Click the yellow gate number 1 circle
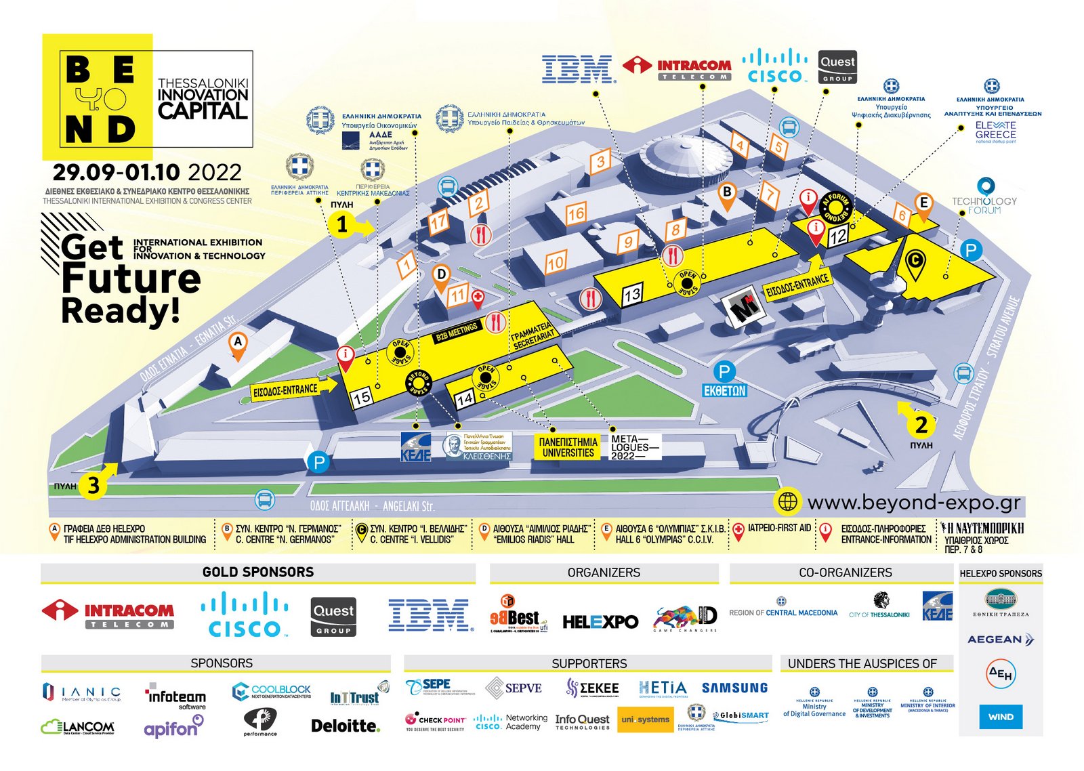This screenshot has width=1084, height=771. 342,224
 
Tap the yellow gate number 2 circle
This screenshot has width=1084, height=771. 921,425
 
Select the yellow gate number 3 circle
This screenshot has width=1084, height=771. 93,485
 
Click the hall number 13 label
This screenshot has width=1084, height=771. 632,295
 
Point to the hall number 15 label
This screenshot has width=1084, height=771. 362,397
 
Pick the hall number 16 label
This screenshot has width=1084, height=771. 576,214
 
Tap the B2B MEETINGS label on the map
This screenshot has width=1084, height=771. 457,330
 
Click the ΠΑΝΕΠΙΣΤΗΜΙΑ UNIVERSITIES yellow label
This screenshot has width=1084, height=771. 568,447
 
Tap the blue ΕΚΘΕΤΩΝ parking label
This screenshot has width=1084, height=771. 724,390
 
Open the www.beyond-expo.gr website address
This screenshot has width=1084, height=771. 913,502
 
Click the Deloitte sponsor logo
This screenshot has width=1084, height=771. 345,726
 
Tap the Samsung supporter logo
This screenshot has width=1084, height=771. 734,688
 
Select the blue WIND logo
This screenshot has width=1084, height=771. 1001,717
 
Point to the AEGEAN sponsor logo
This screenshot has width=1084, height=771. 1001,639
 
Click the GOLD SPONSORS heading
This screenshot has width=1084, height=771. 258,572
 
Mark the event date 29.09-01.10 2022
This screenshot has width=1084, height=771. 147,172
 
